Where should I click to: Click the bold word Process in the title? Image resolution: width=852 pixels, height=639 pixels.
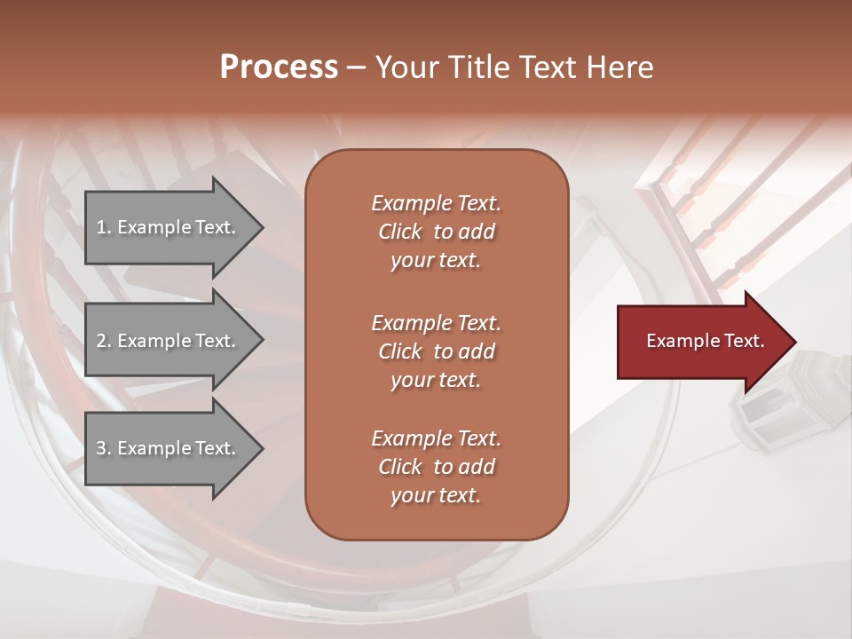coord(279,67)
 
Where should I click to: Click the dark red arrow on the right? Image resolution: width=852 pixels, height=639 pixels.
coord(701,342)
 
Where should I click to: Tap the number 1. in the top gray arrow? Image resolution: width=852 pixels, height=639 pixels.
coord(104,227)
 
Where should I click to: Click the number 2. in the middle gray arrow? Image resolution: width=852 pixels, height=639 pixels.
coord(104,341)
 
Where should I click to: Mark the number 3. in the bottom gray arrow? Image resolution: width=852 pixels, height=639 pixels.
coord(104,448)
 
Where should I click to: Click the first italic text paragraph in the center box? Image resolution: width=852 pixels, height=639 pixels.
coord(436,232)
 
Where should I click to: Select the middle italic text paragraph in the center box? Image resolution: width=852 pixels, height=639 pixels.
coord(436,351)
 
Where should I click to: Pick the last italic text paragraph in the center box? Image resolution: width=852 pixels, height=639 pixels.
coord(436,467)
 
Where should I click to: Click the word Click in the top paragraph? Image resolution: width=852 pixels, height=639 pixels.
coord(399,232)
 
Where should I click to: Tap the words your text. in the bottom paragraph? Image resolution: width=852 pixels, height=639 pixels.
coord(436,495)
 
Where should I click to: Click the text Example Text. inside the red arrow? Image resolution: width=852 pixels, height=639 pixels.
coord(705,341)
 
